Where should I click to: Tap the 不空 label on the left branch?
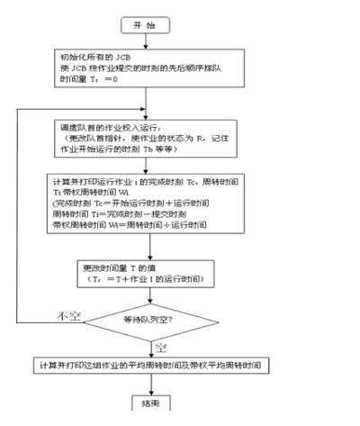coord(69,315)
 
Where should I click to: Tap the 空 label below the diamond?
coord(163,346)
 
